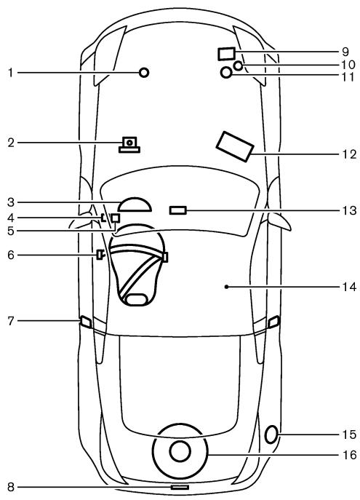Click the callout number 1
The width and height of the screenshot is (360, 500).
[x=10, y=72]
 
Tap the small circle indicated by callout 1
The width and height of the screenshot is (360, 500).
[x=144, y=72]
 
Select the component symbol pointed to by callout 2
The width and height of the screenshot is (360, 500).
[x=129, y=144]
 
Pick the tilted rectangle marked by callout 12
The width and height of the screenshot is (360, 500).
[x=234, y=146]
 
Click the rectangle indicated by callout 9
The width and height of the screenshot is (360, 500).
[x=226, y=53]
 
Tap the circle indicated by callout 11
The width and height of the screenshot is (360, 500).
[x=226, y=73]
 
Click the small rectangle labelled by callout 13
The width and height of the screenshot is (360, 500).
[x=177, y=210]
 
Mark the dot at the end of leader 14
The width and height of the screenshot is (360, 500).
[x=226, y=287]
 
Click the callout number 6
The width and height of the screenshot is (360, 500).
[x=10, y=255]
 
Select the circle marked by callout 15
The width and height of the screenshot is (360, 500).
[x=271, y=435]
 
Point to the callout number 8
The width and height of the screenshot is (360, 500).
[x=10, y=486]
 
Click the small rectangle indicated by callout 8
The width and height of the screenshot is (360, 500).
[x=179, y=486]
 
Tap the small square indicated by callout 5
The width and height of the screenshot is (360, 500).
[x=115, y=218]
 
